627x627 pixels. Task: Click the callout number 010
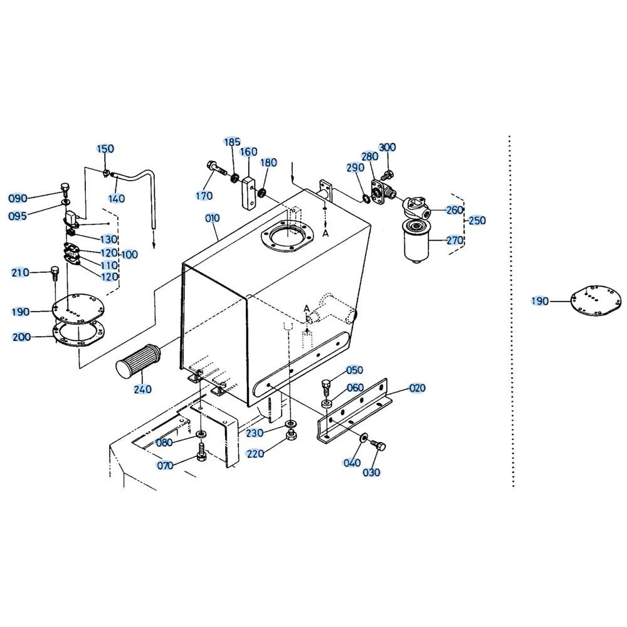click(213, 218)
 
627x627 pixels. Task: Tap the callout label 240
click(143, 389)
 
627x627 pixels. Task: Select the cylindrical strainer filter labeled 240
click(139, 361)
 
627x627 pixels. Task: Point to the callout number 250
click(477, 220)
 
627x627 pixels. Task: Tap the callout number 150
click(105, 149)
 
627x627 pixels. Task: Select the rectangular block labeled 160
click(248, 192)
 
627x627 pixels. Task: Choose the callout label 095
click(18, 216)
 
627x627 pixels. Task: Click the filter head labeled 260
click(416, 207)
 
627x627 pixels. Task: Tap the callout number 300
click(387, 147)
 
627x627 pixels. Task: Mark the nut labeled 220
click(292, 435)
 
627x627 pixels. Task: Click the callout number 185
click(232, 142)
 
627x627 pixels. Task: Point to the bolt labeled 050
click(326, 386)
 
